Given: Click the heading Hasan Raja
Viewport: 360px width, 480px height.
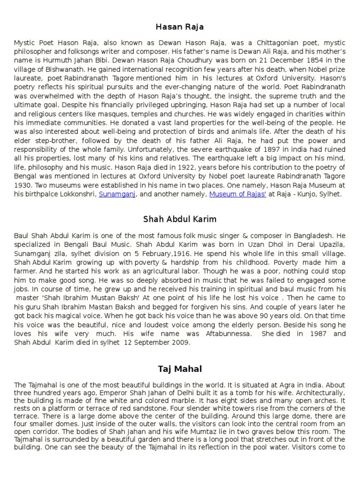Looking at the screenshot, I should pos(180,27).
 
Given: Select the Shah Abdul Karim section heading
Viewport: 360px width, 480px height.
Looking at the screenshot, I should pos(180,219).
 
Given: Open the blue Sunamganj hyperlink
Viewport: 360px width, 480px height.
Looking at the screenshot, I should pos(117,194).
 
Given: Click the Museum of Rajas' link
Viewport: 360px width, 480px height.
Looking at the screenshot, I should pos(238,194).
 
